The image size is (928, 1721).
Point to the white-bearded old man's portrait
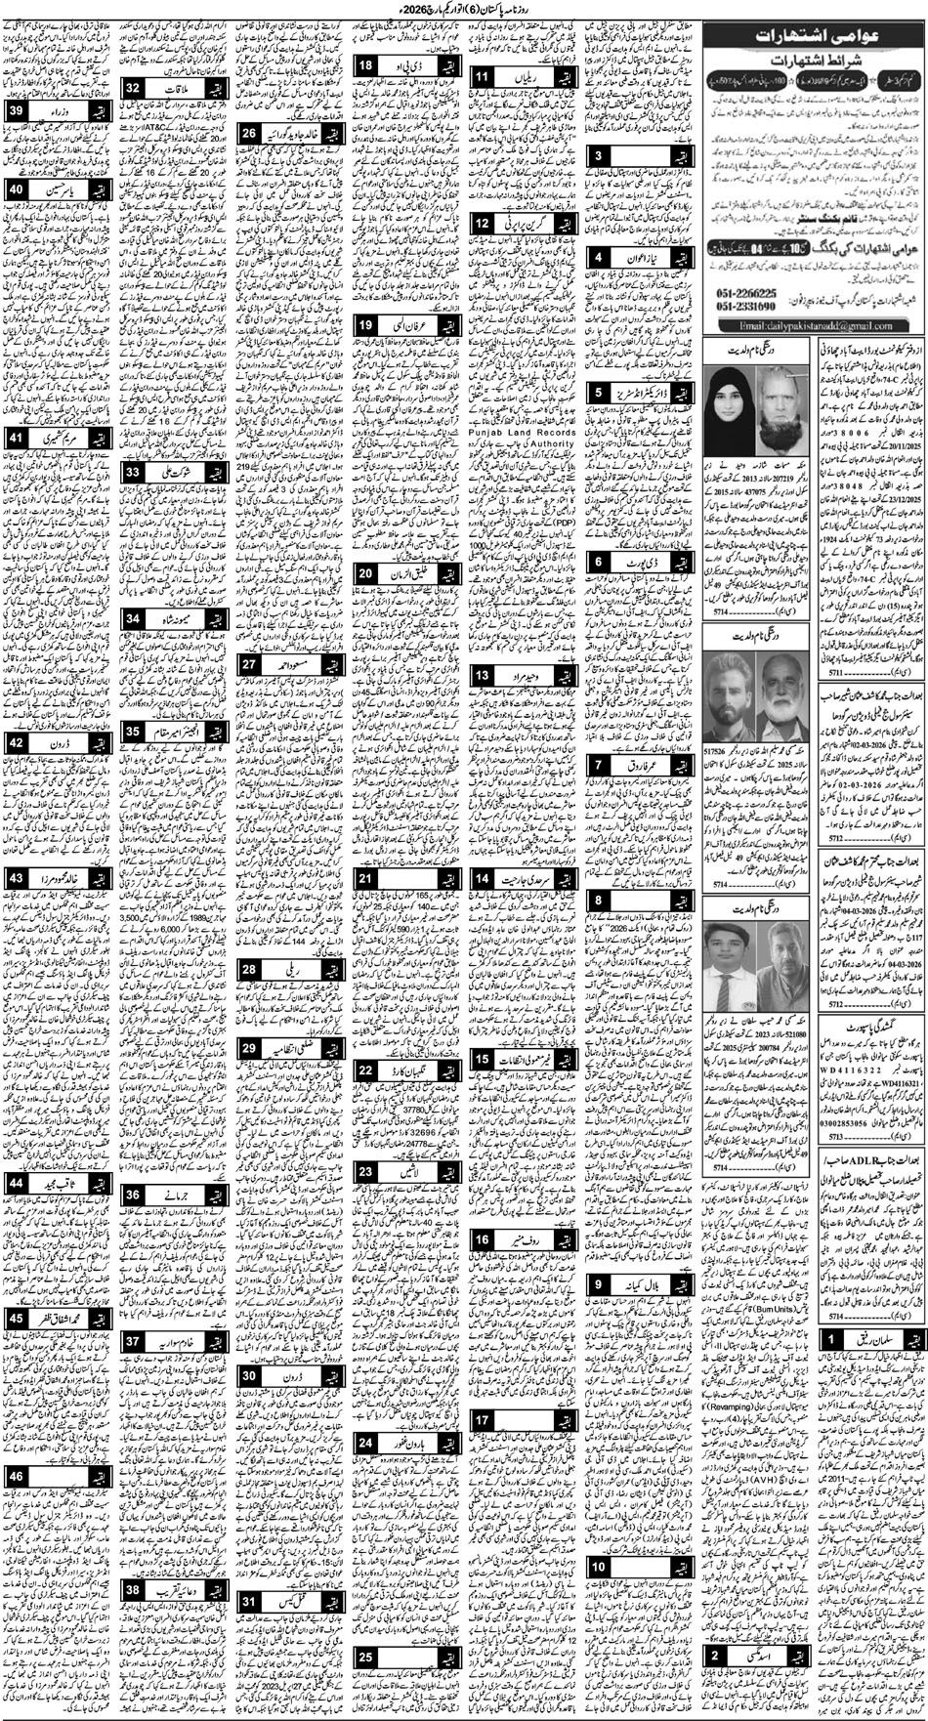[x=777, y=377]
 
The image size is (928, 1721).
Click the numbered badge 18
[x=365, y=65]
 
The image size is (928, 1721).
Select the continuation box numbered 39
[x=17, y=113]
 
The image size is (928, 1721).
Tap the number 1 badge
[x=828, y=1339]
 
